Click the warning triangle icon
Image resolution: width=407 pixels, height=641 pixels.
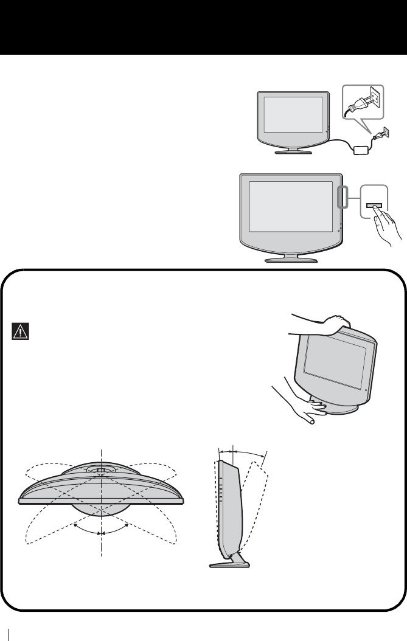pyautogui.click(x=20, y=331)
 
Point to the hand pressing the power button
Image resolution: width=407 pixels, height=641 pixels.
pyautogui.click(x=387, y=228)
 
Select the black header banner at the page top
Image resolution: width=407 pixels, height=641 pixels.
pyautogui.click(x=203, y=27)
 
